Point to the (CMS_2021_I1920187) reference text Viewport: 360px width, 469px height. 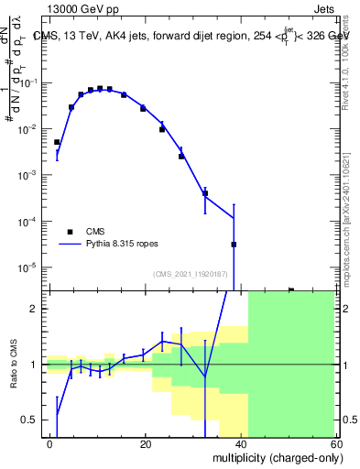(x=191, y=275)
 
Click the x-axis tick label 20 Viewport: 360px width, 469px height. (x=145, y=443)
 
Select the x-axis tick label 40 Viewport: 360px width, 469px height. (x=240, y=443)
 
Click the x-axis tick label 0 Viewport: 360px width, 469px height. (x=50, y=443)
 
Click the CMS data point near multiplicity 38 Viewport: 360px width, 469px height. (x=234, y=245)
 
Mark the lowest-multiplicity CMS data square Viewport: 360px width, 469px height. (x=57, y=142)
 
